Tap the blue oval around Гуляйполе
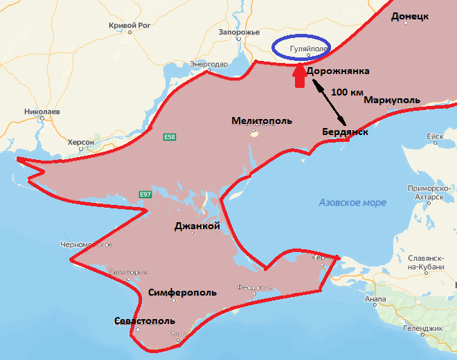click(301, 46)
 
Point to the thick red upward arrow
click(298, 76)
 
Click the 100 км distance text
click(348, 92)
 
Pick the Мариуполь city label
click(392, 100)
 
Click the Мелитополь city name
click(262, 120)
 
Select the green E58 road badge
click(170, 138)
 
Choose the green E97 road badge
click(145, 194)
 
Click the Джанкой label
click(197, 226)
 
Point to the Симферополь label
click(183, 292)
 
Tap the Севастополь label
click(145, 321)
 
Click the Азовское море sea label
click(352, 202)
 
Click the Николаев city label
click(42, 111)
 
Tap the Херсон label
click(81, 141)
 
